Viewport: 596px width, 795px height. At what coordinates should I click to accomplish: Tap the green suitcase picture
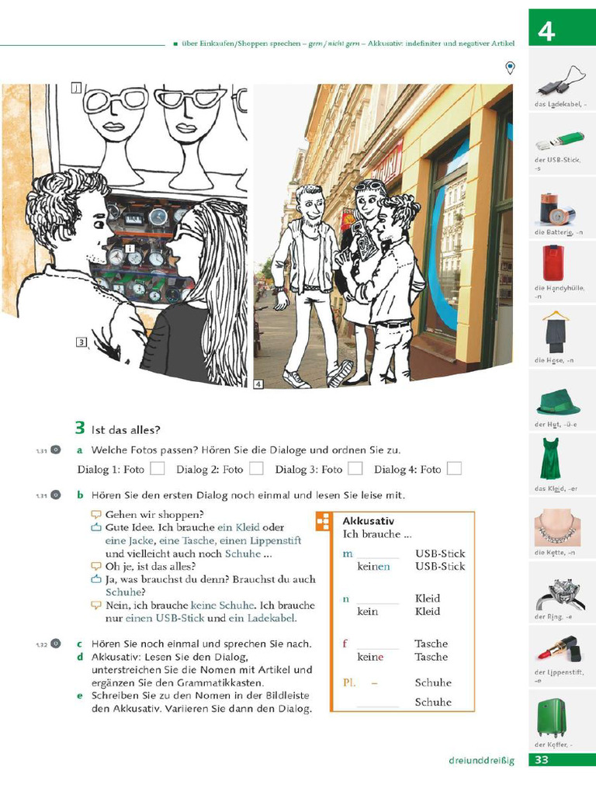552,717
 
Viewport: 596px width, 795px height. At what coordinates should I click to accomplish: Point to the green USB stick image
559,142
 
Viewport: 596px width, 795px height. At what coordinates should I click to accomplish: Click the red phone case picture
553,263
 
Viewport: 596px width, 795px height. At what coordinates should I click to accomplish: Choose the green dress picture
550,458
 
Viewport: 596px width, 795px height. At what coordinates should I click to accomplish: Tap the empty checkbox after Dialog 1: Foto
158,468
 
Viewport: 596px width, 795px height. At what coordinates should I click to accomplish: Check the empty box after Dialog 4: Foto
454,468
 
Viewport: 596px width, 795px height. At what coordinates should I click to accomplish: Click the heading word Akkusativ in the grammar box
368,521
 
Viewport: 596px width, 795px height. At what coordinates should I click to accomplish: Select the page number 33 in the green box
542,760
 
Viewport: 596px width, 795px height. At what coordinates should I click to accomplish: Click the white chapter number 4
546,31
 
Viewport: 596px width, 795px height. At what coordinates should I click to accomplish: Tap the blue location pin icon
510,68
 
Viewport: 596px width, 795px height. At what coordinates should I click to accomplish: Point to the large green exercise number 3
79,427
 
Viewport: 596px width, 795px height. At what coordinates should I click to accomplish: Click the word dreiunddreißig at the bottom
481,760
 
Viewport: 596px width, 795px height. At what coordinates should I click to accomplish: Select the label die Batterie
557,233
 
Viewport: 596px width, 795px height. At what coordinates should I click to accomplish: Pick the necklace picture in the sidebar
557,528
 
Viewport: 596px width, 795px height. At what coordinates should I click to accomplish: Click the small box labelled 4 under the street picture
258,384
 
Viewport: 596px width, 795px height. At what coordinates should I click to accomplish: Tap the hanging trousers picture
556,331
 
